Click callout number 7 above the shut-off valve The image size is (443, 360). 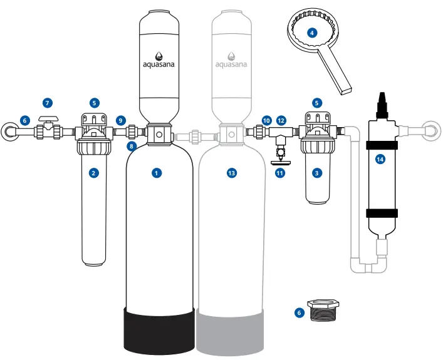[x=45, y=101]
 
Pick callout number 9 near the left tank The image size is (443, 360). [x=121, y=119]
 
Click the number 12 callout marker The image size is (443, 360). [x=281, y=119]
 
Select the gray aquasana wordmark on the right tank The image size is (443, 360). [x=231, y=64]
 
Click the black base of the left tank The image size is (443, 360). [x=157, y=329]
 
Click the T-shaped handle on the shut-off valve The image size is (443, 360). [x=45, y=118]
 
